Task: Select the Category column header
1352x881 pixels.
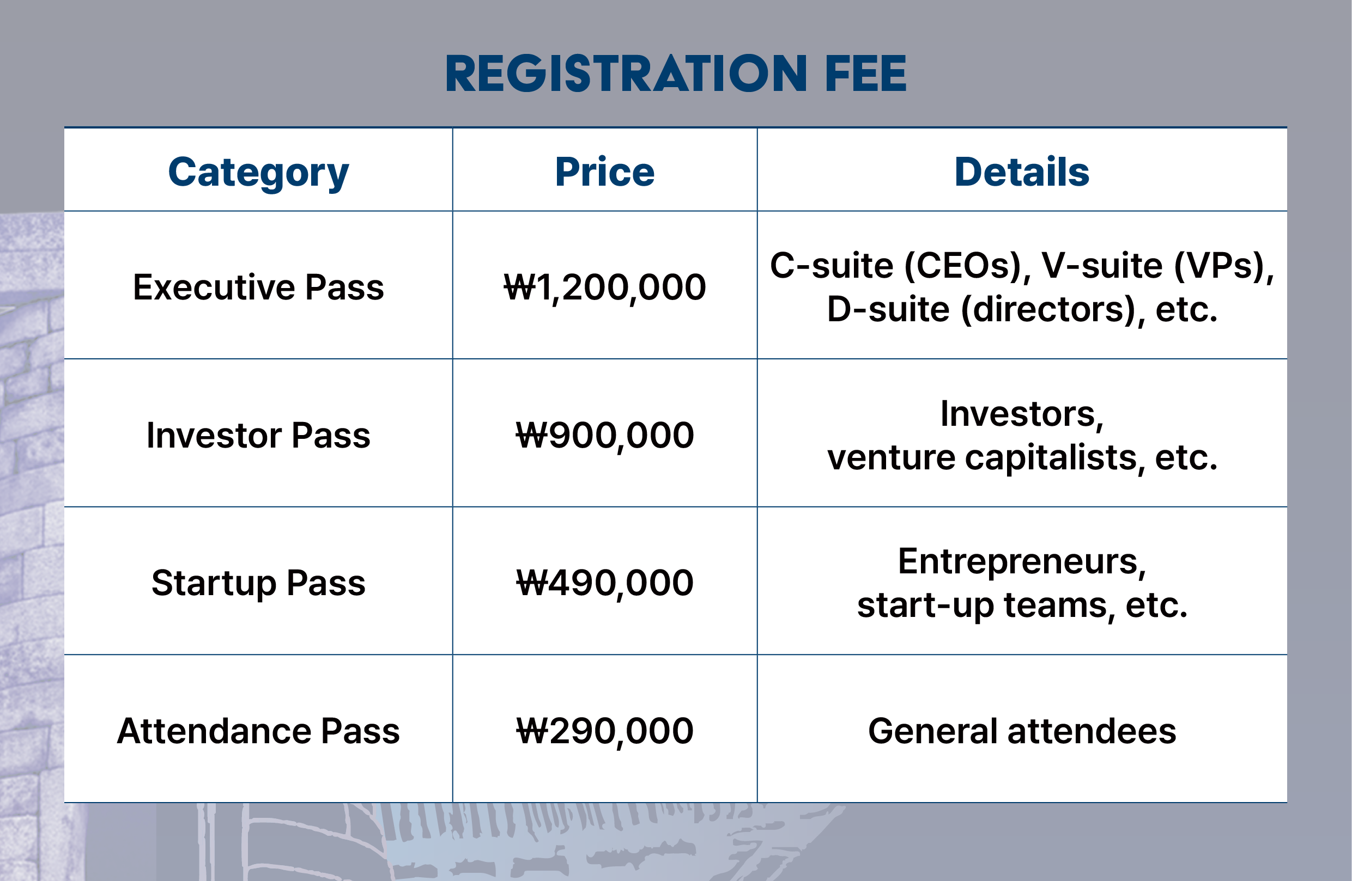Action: pyautogui.click(x=258, y=173)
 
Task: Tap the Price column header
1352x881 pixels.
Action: pyautogui.click(x=604, y=172)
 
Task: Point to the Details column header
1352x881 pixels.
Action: pyautogui.click(x=1021, y=172)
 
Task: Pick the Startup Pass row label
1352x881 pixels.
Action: pyautogui.click(x=258, y=583)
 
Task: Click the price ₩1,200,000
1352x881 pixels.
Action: pyautogui.click(x=604, y=287)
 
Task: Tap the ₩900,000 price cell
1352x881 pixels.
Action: pyautogui.click(x=604, y=436)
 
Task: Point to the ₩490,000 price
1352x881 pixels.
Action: pyautogui.click(x=604, y=583)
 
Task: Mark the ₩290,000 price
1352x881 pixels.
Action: pyautogui.click(x=604, y=731)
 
